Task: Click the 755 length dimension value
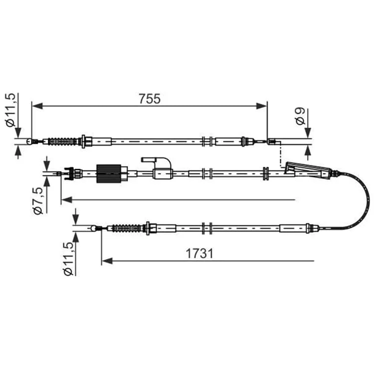click(150, 99)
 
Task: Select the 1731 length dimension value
click(199, 253)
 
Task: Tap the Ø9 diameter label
click(300, 116)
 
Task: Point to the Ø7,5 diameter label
click(38, 201)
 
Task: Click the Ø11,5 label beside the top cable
click(10, 110)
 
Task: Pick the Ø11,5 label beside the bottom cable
click(68, 259)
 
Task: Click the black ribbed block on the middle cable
click(109, 174)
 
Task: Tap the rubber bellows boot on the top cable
click(63, 142)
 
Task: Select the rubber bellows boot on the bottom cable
click(127, 228)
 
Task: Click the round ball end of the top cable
click(29, 142)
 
